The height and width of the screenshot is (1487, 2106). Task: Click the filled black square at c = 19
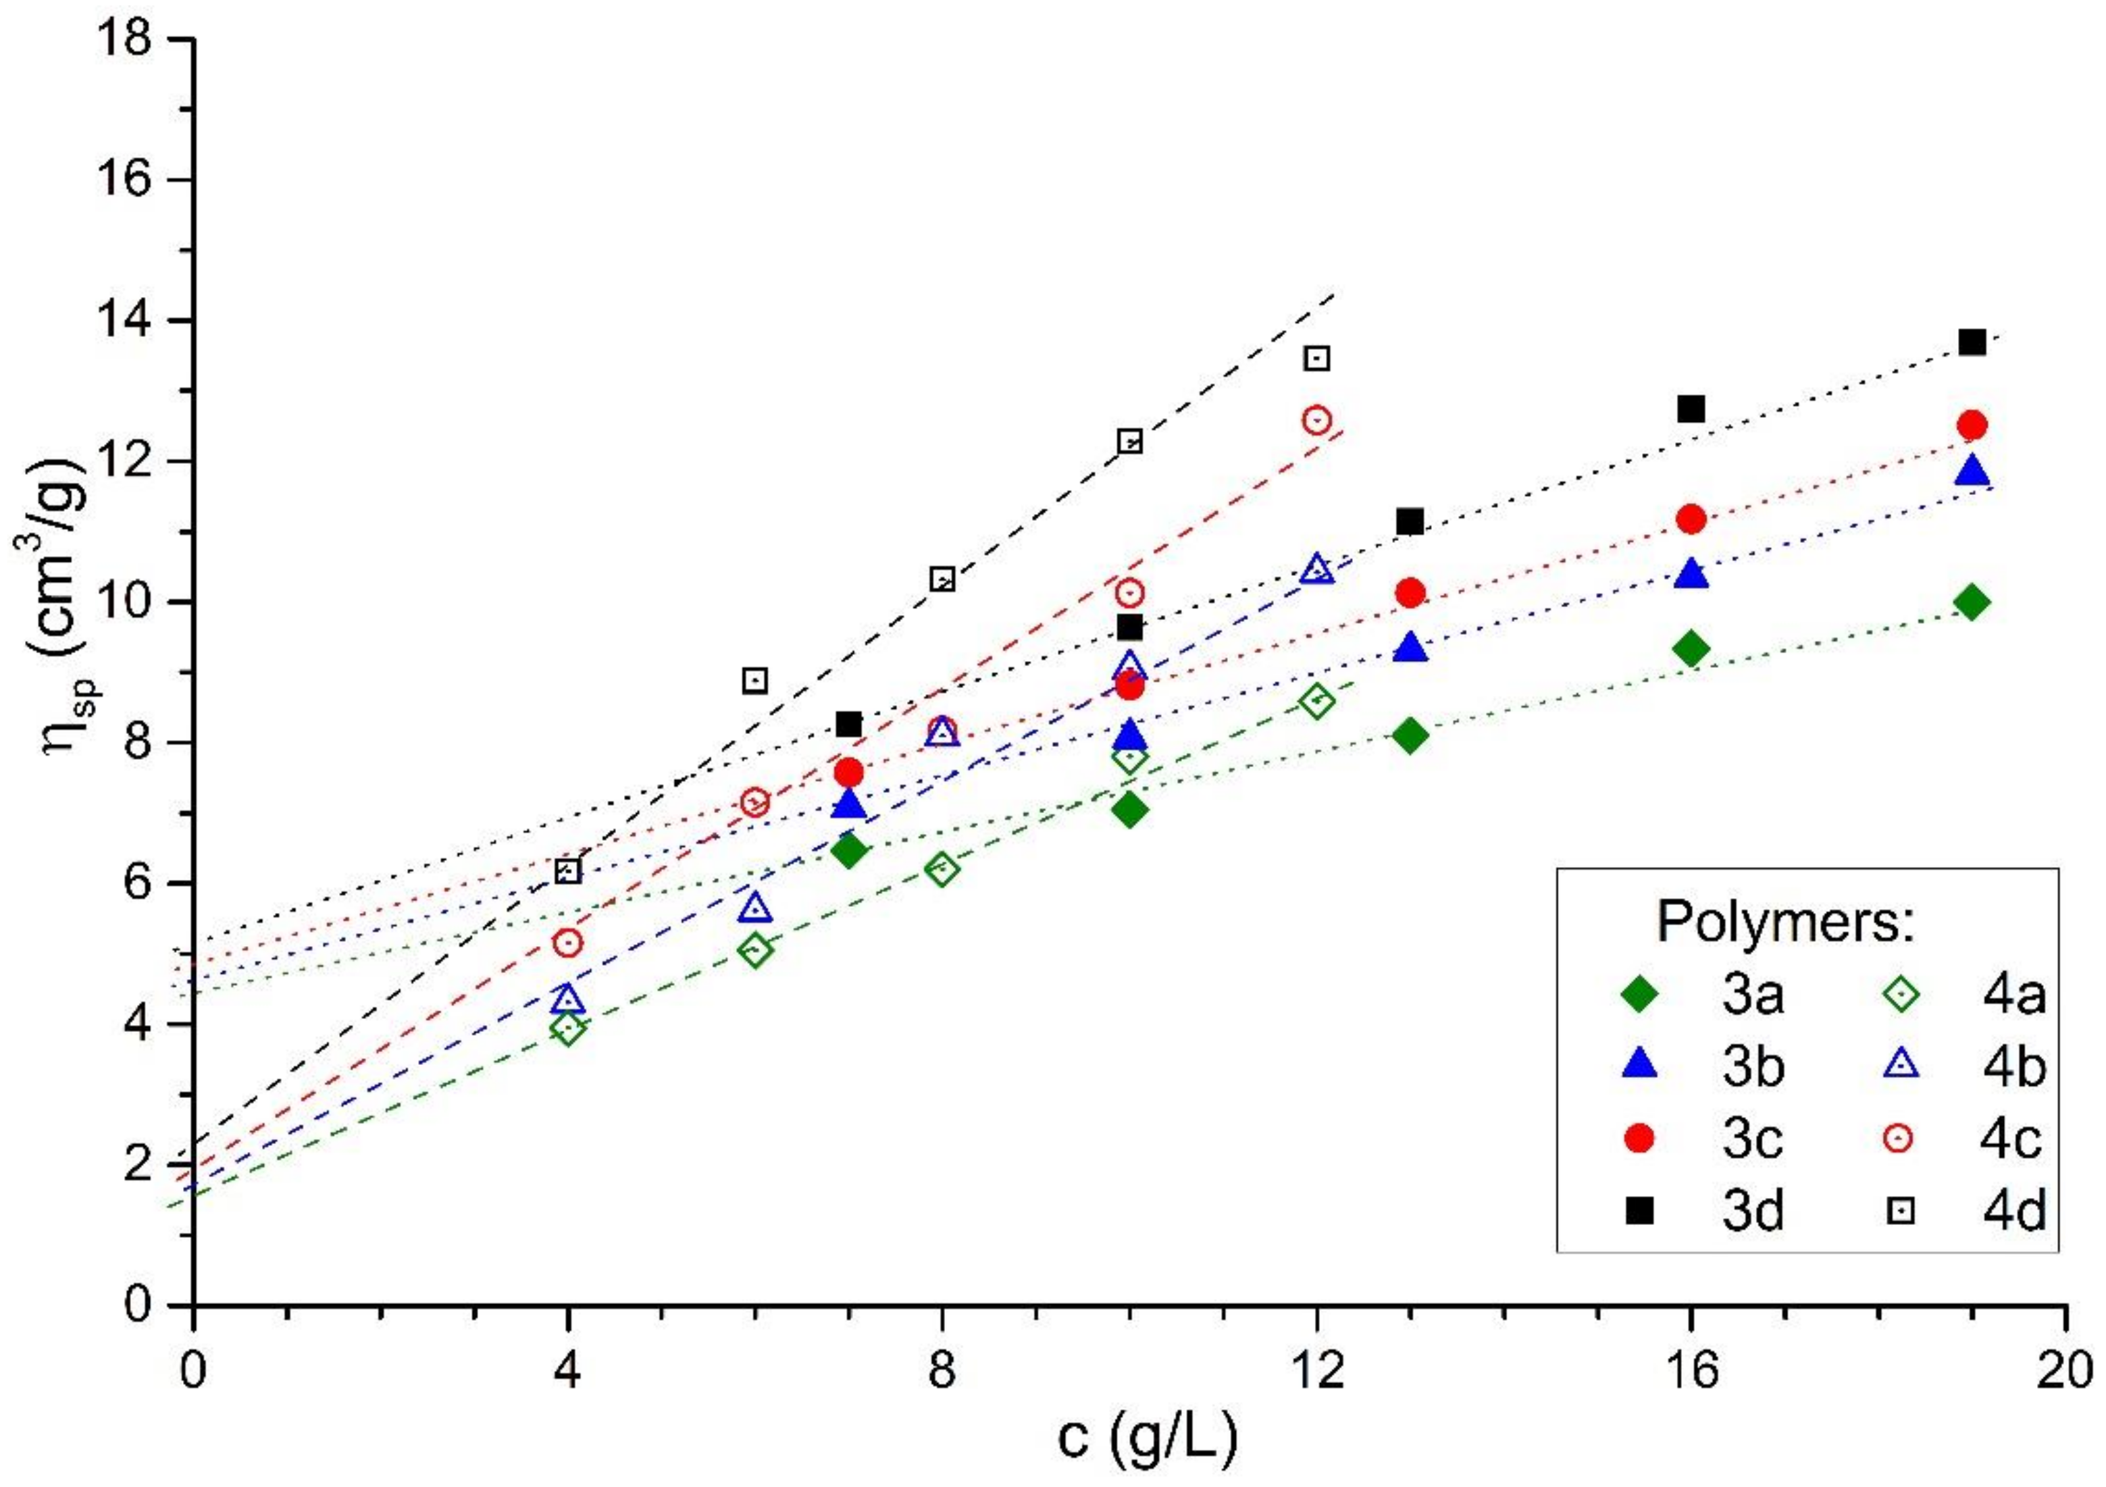[x=1971, y=342]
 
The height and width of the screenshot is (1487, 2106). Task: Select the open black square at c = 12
[x=1317, y=358]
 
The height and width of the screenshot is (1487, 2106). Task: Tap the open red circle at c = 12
[x=1317, y=420]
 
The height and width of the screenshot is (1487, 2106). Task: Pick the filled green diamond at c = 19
[x=1971, y=602]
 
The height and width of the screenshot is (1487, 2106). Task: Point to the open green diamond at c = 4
[x=568, y=1029]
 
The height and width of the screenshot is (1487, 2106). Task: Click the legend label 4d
[x=2014, y=1211]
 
